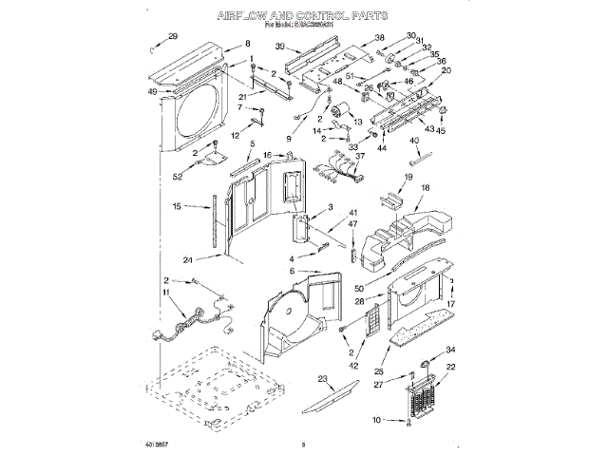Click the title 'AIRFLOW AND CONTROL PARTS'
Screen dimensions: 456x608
click(x=302, y=16)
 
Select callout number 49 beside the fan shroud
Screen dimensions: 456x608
click(x=153, y=92)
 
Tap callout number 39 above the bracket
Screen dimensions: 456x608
click(x=281, y=47)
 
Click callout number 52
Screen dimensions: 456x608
click(x=177, y=176)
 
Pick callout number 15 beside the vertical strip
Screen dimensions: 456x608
click(x=178, y=206)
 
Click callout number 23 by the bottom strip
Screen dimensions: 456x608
click(x=323, y=379)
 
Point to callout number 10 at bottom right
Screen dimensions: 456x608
click(x=376, y=419)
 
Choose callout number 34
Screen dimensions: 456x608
click(x=450, y=350)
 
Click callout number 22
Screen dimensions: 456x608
click(x=450, y=367)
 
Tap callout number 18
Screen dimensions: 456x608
click(x=426, y=188)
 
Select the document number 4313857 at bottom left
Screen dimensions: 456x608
click(x=160, y=444)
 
